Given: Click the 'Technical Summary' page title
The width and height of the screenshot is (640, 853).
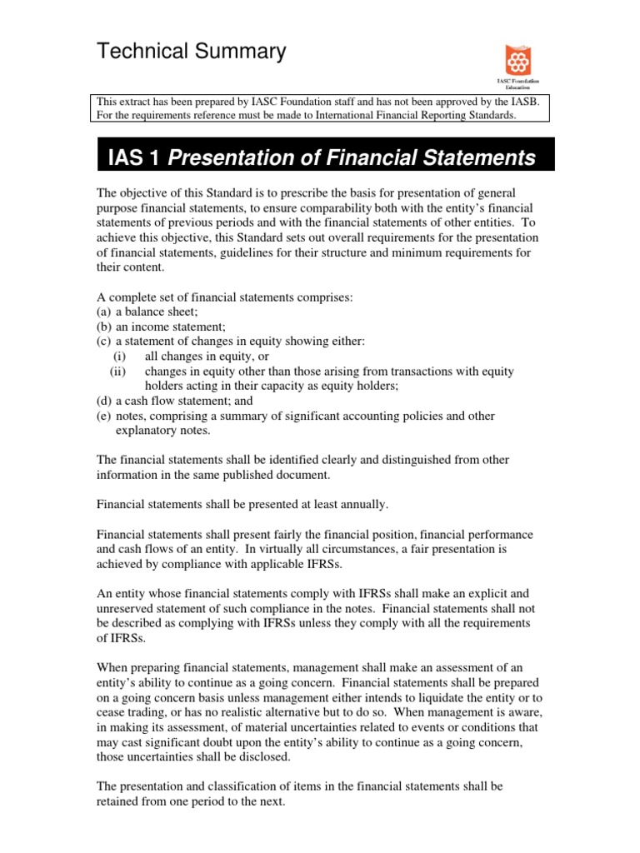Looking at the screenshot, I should pos(192,52).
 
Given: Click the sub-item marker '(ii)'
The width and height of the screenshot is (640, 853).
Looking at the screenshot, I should pos(117,371).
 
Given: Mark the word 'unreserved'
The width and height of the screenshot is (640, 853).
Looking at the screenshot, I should pos(130,609).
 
